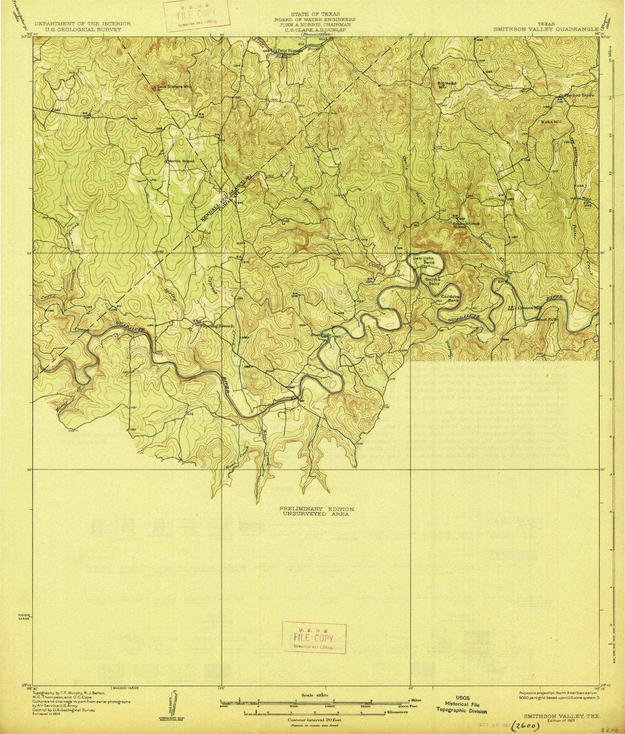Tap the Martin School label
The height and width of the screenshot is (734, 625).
181,160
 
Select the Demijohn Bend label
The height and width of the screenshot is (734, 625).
424,259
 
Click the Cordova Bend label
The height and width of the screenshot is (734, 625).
451,298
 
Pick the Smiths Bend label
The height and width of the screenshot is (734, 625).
433,282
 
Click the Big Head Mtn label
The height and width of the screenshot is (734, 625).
446,85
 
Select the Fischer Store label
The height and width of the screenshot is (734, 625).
579,95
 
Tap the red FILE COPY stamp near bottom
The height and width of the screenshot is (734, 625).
314,637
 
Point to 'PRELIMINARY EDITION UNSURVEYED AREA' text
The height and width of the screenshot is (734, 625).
316,511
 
